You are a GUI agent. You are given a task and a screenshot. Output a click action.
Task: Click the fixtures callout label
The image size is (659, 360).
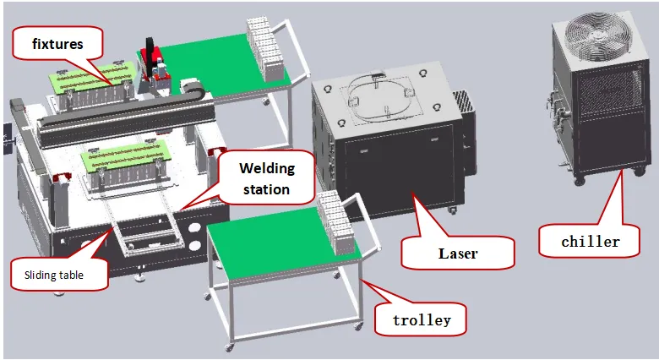(57, 42)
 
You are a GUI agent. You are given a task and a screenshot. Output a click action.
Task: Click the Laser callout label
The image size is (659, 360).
(457, 252)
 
